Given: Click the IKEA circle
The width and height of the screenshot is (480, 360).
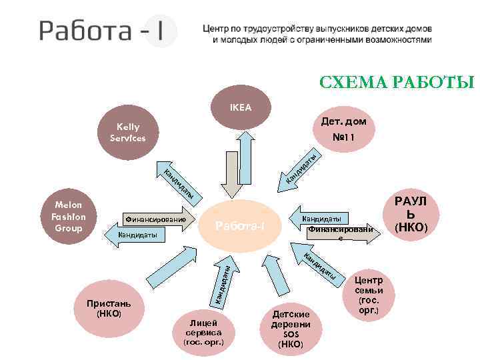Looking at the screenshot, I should click(x=241, y=105).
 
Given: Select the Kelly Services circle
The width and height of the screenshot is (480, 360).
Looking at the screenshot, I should click(x=127, y=132).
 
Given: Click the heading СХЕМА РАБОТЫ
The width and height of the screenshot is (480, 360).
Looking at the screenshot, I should click(x=396, y=82).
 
